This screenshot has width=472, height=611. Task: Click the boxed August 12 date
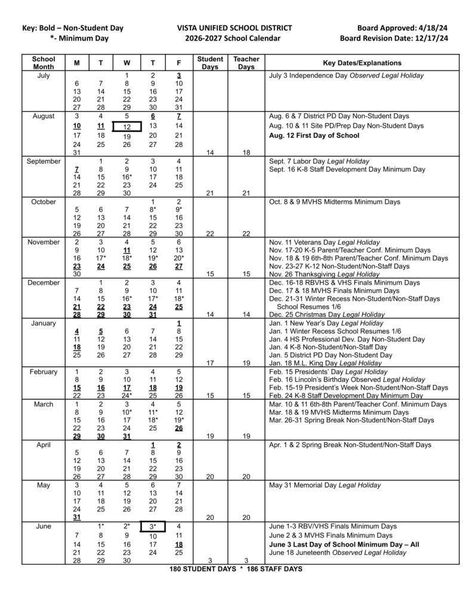click(x=127, y=126)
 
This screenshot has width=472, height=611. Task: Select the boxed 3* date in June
click(x=152, y=527)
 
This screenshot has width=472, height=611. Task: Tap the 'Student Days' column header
click(x=210, y=63)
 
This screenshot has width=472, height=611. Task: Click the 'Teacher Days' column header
click(x=246, y=63)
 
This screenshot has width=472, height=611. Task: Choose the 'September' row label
click(x=44, y=161)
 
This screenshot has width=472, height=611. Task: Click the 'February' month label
click(x=44, y=372)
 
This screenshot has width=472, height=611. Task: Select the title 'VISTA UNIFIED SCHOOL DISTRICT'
click(x=235, y=28)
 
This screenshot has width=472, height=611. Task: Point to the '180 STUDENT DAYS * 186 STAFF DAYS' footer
click(x=236, y=569)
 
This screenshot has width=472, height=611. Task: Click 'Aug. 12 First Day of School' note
click(x=314, y=135)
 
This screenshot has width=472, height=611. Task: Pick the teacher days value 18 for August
click(x=246, y=153)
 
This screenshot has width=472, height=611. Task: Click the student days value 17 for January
click(x=210, y=363)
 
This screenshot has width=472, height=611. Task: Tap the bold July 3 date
click(x=178, y=76)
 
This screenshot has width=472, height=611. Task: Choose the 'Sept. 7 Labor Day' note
click(x=319, y=161)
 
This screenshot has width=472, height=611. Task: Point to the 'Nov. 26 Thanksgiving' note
click(x=325, y=274)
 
